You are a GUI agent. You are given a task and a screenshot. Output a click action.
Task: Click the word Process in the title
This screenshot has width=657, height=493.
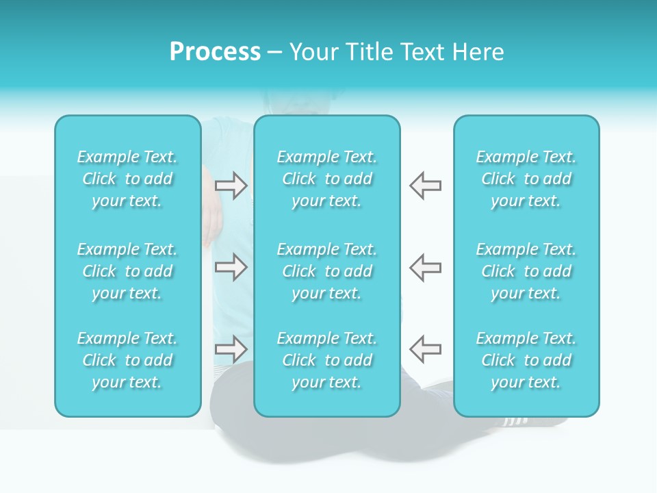click(215, 52)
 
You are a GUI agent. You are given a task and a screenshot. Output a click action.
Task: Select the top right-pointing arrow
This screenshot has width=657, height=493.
click(231, 186)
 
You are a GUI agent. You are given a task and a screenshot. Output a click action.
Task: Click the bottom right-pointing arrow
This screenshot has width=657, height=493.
click(231, 349)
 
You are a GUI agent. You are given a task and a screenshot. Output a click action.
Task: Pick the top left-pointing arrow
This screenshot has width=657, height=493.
click(426, 186)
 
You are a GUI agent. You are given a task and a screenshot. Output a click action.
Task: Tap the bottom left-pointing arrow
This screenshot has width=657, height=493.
click(426, 349)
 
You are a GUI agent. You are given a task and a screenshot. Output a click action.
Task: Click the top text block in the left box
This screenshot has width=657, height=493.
click(127, 179)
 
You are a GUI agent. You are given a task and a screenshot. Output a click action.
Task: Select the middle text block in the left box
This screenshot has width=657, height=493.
click(127, 271)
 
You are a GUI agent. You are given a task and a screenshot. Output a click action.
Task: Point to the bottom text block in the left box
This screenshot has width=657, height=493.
click(127, 360)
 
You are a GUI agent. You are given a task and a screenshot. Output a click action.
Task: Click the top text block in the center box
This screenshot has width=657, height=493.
click(327, 179)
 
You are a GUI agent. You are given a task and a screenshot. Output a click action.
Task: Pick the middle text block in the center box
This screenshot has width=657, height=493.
click(327, 271)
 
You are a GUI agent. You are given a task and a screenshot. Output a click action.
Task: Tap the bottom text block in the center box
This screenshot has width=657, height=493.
click(327, 360)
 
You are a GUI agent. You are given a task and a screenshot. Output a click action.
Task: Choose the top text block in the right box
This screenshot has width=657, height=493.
click(526, 179)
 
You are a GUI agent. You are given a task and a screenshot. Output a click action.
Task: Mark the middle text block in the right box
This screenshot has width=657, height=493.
click(526, 271)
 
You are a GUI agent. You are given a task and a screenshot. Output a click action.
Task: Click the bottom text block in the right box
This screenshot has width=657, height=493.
click(526, 360)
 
